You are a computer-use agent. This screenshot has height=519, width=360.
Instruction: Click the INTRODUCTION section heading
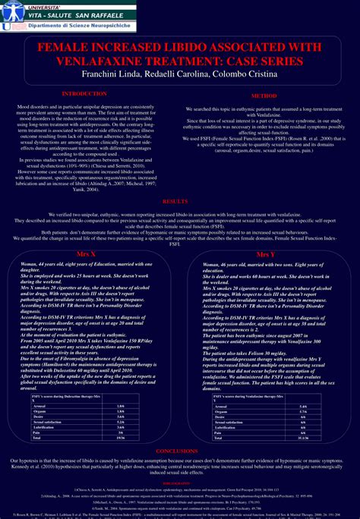84,93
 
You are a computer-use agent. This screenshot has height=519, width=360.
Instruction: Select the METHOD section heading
264,97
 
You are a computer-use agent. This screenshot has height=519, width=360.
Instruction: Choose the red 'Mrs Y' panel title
266,254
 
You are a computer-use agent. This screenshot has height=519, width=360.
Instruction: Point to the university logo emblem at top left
8,17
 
